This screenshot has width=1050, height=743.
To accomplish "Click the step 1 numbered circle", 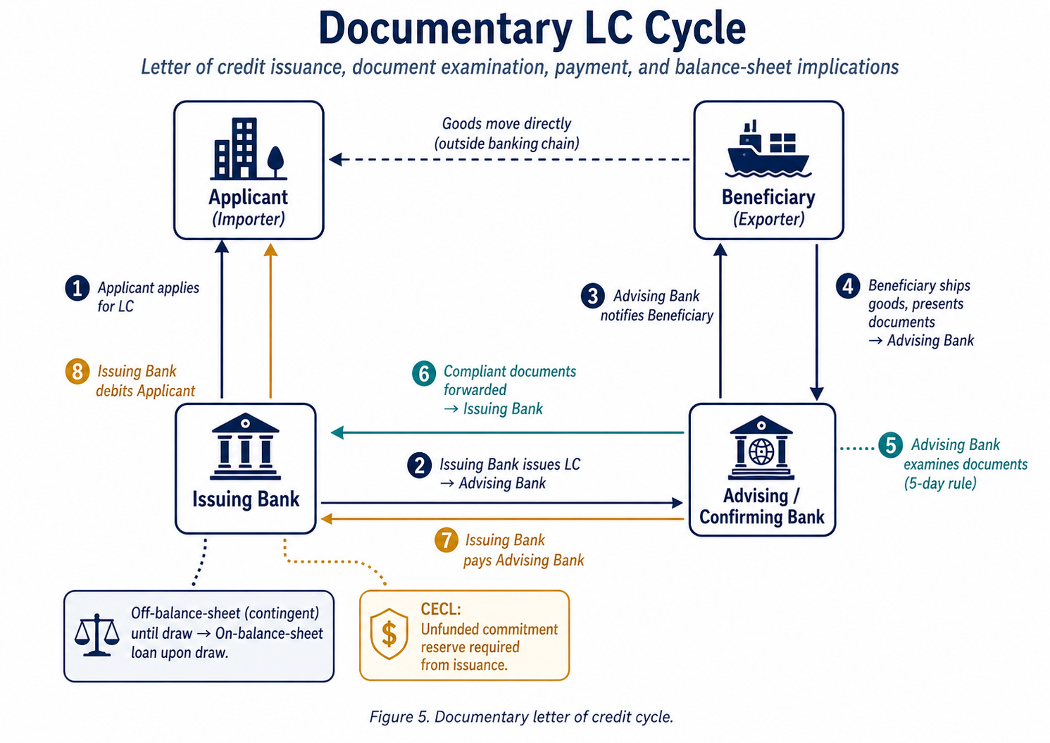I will point(77,288).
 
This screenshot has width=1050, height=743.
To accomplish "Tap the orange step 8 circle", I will point(77,371).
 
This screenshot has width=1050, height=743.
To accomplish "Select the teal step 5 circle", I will point(891,445).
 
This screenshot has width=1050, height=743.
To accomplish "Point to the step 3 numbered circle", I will point(593,296).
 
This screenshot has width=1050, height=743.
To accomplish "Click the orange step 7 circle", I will point(446,541).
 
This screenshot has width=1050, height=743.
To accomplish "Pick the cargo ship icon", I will point(768,149).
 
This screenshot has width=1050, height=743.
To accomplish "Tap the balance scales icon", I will point(96,635).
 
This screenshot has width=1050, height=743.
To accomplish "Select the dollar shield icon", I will point(389,634).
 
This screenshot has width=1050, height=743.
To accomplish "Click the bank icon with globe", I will point(761,448).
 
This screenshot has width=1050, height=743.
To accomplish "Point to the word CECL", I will point(441,609).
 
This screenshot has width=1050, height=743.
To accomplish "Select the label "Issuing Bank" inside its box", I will point(246,499).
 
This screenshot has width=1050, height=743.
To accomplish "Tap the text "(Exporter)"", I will point(768,219).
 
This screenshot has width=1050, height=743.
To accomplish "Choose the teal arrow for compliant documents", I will point(507,432).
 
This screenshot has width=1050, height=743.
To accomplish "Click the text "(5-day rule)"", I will point(940,484).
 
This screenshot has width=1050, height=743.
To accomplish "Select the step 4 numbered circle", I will point(848,286).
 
